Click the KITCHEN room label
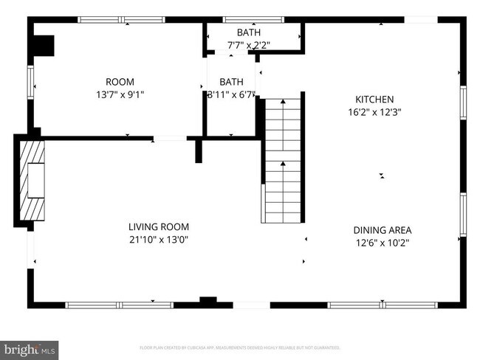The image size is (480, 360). [374, 99]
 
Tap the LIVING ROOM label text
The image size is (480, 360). [159, 226]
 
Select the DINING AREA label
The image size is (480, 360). [382, 229]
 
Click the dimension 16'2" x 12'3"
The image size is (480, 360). [374, 112]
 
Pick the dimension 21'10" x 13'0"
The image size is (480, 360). [159, 239]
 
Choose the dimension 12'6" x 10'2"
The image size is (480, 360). [382, 242]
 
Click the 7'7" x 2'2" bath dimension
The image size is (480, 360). [248, 45]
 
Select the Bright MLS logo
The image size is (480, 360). [30, 347]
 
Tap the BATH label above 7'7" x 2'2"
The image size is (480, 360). [248, 32]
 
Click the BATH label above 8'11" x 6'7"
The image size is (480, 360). [231, 82]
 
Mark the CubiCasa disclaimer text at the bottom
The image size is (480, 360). [239, 347]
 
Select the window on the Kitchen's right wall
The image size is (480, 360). [462, 103]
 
